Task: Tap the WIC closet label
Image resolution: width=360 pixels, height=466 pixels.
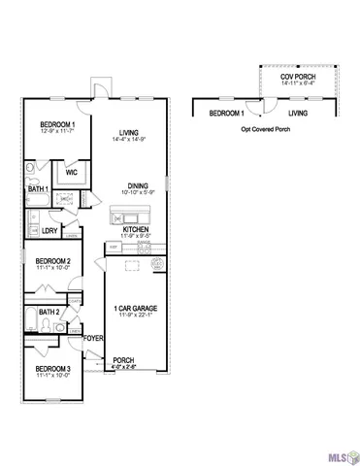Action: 71,173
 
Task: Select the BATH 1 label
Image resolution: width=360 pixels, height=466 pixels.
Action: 39,188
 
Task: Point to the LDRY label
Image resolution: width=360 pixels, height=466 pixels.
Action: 50,230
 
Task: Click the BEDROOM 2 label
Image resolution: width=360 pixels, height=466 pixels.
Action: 53,261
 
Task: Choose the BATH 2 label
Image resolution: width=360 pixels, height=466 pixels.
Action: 51,312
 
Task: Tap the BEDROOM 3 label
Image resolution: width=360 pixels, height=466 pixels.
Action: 53,369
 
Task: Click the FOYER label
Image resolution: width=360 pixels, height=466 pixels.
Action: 93,338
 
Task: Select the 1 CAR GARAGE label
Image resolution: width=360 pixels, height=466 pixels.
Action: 136,308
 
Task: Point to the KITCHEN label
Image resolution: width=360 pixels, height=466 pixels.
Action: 135,230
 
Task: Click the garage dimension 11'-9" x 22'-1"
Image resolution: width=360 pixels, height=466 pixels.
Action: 136,316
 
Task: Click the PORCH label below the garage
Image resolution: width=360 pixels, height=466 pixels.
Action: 123,360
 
